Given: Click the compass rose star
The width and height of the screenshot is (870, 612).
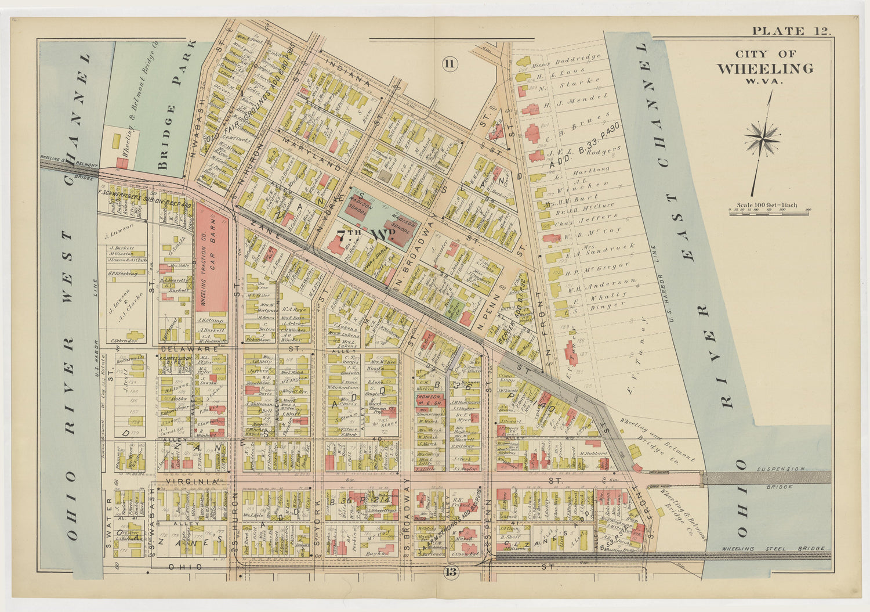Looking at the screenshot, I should [762, 139].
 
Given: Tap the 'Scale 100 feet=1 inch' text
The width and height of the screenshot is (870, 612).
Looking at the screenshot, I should [766, 205].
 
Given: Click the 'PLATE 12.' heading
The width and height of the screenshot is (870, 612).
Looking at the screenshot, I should [791, 31].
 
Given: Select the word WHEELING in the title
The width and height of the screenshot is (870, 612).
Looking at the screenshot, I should [764, 69].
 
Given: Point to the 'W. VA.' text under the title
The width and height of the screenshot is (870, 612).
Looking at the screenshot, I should [764, 81].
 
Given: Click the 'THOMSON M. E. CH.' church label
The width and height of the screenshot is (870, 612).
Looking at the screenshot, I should [428, 399].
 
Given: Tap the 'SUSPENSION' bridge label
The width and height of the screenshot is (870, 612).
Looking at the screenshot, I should [781, 469].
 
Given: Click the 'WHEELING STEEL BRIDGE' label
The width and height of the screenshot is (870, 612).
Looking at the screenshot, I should [774, 549].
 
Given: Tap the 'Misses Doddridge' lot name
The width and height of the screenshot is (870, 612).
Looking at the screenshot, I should [565, 60].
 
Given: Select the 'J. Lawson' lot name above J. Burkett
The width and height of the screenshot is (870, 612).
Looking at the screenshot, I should [116, 236].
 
